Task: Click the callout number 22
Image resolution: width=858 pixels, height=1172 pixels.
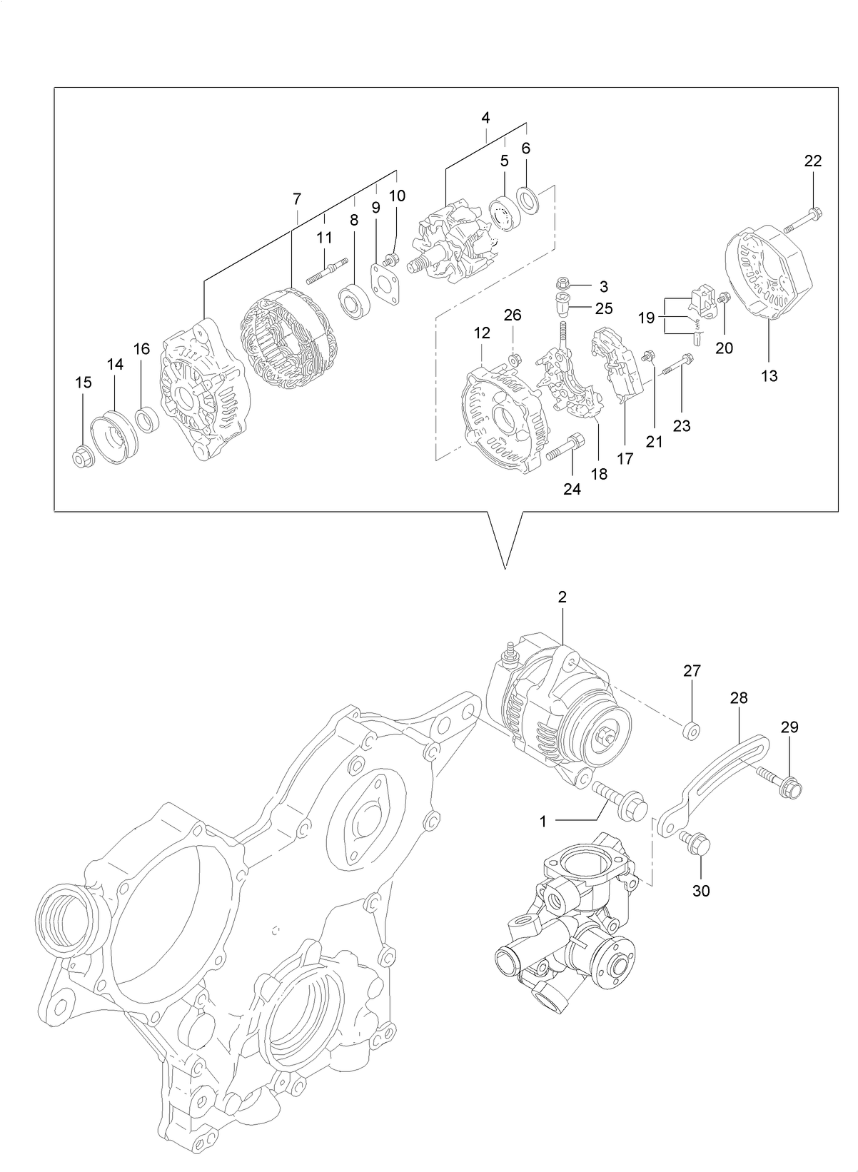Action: click(x=813, y=161)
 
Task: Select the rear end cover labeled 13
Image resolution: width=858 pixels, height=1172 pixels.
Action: click(x=769, y=275)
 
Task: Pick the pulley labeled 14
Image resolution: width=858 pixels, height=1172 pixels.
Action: click(x=114, y=439)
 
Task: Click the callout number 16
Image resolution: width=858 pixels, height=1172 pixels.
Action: click(x=142, y=349)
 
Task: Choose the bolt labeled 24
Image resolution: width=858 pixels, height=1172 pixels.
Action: click(x=565, y=448)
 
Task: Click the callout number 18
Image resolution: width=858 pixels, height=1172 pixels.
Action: click(x=599, y=473)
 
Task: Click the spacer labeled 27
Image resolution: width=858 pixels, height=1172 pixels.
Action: click(x=690, y=731)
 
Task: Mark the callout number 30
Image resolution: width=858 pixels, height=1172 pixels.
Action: click(x=701, y=891)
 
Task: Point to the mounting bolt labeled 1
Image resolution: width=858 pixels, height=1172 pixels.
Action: click(x=620, y=800)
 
